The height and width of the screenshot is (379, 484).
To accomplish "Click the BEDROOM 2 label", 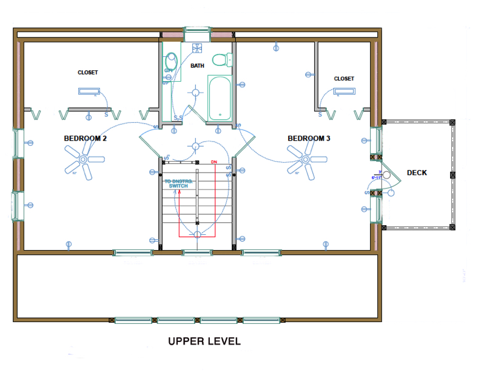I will point(86,139).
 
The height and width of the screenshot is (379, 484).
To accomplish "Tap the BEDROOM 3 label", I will point(309,139).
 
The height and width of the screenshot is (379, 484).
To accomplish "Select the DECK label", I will point(417,173).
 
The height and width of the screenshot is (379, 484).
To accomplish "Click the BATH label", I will point(197,65).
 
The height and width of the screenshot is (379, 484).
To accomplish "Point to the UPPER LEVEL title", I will point(204,341).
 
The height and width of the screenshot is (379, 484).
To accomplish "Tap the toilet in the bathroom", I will point(227,60).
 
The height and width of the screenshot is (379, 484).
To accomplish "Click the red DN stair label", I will point(213,162).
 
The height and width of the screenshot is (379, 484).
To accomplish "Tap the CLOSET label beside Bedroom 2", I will point(88,73).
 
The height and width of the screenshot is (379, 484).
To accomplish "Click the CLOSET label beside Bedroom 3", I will point(344,79).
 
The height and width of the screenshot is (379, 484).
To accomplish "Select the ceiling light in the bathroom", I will point(196,92).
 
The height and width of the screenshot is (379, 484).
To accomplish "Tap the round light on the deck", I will point(386,175).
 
